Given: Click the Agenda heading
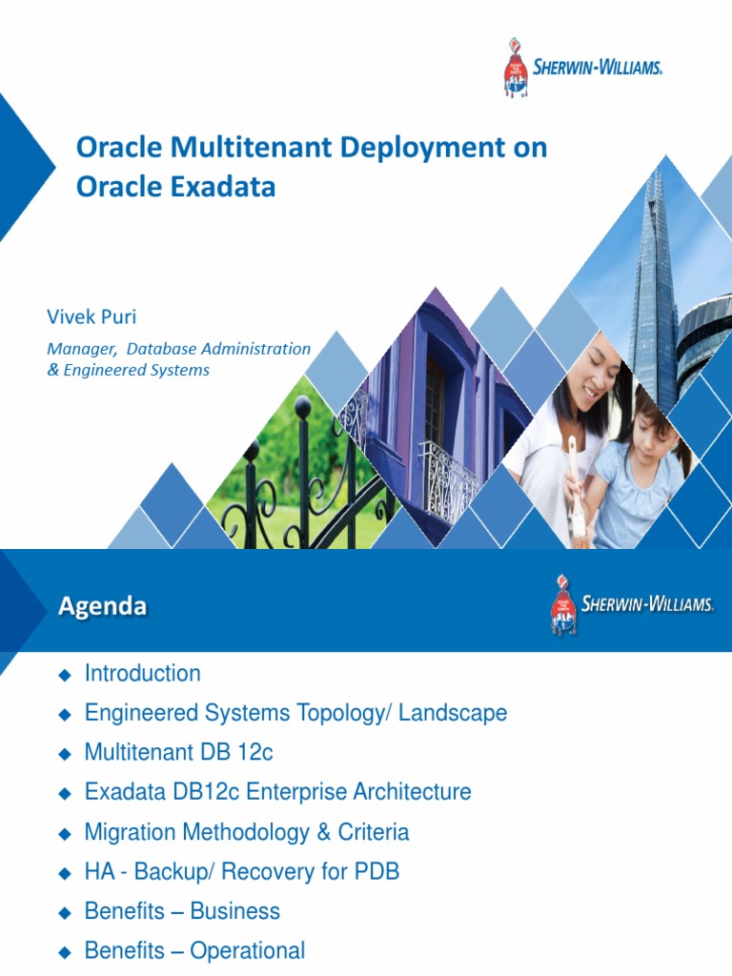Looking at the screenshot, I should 103,605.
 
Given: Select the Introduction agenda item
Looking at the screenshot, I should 143,674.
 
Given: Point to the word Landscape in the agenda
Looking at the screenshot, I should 457,713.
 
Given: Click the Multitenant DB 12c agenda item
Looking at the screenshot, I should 178,753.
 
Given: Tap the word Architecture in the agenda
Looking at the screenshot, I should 412,792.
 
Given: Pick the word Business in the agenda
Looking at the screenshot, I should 235,911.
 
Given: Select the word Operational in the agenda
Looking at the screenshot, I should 248,950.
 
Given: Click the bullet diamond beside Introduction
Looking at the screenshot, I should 66,675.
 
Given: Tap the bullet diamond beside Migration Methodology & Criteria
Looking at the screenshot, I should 66,833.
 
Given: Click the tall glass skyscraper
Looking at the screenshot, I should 656,286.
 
